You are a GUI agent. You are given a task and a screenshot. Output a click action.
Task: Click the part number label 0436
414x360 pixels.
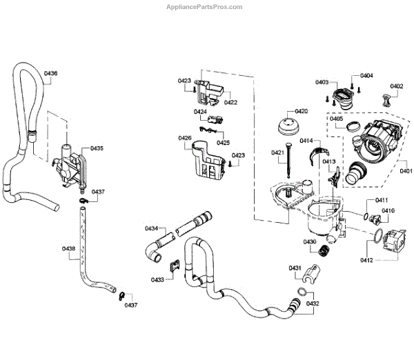(x=51, y=73)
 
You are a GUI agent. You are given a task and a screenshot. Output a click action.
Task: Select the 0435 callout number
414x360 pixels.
(x=97, y=148)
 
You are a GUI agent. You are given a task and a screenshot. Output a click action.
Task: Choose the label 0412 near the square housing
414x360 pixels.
(x=366, y=260)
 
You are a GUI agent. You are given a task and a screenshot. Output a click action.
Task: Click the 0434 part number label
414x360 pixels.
(x=151, y=228)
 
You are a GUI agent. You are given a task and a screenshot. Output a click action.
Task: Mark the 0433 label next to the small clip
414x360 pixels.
(x=157, y=279)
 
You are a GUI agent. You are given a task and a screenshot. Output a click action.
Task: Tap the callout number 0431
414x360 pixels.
(x=295, y=268)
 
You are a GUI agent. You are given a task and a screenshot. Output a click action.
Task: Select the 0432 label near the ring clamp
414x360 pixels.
(x=313, y=304)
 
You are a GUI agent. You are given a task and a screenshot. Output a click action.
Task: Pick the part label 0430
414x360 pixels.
(x=309, y=241)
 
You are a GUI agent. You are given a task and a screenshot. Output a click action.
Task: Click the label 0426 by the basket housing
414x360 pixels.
(x=184, y=138)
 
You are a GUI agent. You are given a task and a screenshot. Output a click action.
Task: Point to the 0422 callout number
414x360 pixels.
(x=230, y=102)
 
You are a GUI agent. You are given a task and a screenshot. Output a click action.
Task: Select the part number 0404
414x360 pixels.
(x=366, y=75)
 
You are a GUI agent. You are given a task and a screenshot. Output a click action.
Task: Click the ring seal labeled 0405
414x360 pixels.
(x=351, y=126)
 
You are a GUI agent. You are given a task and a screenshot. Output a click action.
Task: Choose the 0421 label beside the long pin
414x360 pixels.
(x=277, y=152)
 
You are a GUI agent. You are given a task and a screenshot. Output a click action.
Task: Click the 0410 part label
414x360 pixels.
(x=388, y=210)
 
